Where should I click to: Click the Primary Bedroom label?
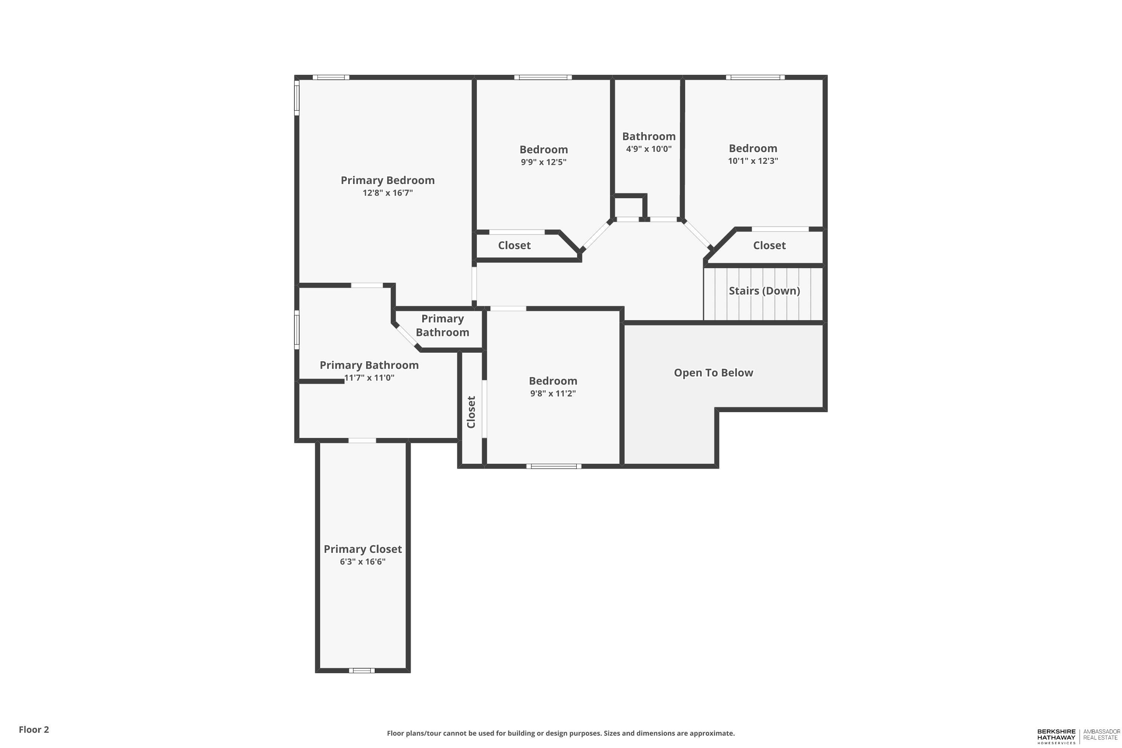[x=387, y=180]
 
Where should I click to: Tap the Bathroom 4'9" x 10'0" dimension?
[x=649, y=149]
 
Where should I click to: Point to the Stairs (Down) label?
[x=764, y=291]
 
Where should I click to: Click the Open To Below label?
[x=713, y=373]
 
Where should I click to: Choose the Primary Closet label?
[x=362, y=549]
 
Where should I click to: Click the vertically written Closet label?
[x=471, y=412]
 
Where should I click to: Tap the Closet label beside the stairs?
[x=769, y=245]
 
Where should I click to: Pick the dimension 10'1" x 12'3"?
[x=753, y=161]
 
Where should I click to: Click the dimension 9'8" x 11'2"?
[x=553, y=393]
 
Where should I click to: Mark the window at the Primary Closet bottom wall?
[x=362, y=670]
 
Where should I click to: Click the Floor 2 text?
[x=34, y=729]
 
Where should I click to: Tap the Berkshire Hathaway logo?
[x=1056, y=736]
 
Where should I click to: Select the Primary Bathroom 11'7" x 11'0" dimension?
[x=369, y=378]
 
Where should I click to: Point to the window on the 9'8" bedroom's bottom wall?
[x=554, y=466]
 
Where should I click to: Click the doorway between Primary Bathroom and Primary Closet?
[x=362, y=440]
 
